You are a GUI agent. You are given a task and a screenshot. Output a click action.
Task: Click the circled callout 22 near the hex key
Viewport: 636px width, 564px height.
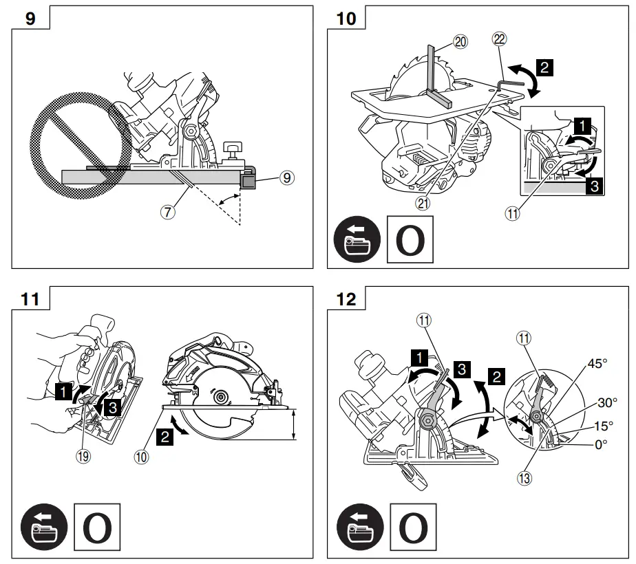click(499, 39)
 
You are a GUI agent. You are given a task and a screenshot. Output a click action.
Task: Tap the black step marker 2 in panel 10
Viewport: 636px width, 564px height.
click(544, 67)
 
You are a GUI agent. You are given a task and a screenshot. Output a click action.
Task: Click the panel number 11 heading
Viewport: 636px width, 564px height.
click(30, 300)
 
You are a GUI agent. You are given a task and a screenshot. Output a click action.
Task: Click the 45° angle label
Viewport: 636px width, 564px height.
click(597, 364)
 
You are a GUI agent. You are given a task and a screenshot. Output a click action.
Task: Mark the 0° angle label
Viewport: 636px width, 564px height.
click(601, 444)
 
